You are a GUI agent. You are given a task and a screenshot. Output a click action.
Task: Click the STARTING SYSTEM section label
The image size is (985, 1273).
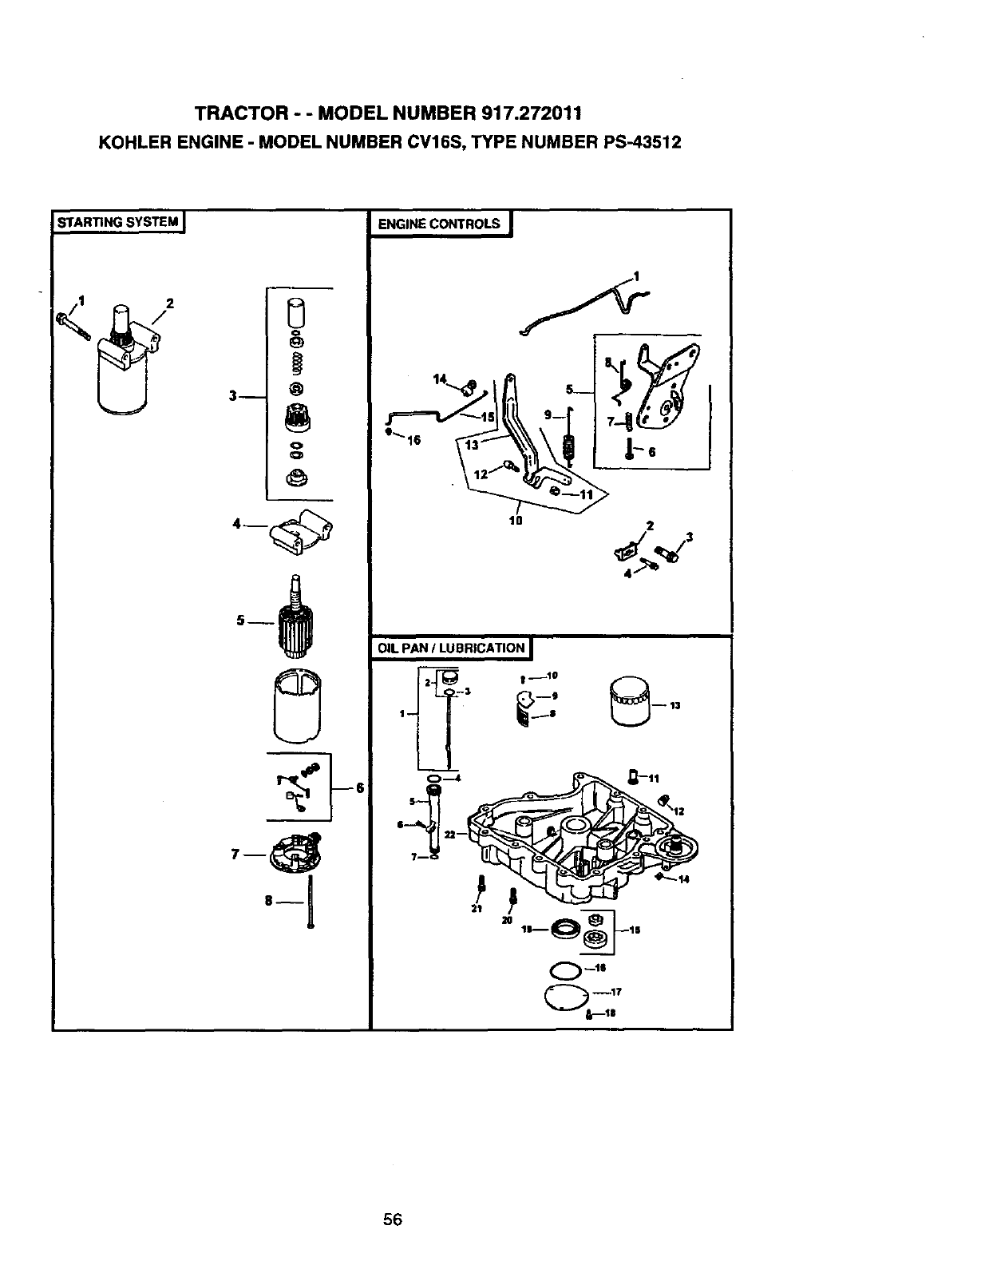tap(118, 222)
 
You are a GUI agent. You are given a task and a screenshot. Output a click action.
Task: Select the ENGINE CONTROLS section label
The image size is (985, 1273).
tap(438, 224)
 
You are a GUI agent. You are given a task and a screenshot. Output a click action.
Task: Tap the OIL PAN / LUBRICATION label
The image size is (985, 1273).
tap(451, 648)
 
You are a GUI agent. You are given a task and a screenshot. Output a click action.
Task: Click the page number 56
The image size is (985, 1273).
tap(392, 1219)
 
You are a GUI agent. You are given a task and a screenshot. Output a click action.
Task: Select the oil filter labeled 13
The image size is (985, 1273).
tap(631, 701)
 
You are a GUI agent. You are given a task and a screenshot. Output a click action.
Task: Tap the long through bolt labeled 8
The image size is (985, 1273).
tap(310, 901)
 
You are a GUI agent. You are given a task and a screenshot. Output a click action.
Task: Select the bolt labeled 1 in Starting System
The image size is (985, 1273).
tap(72, 326)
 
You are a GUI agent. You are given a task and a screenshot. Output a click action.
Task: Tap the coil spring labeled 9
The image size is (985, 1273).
tap(569, 443)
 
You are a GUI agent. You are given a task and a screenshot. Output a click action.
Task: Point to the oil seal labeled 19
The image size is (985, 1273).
tap(568, 929)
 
